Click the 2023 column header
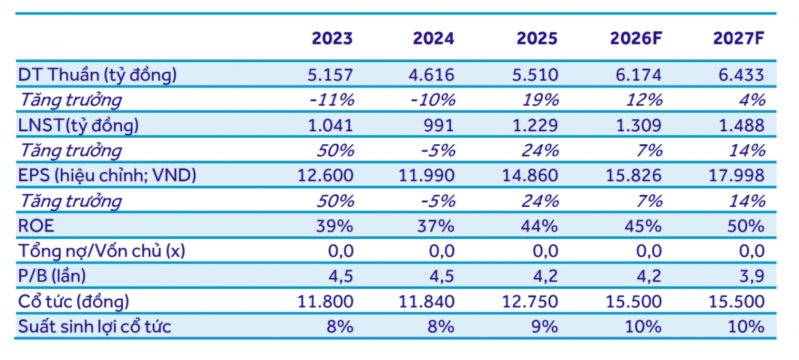pos(332,39)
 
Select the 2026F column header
pos(636,39)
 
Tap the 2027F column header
pos(739,39)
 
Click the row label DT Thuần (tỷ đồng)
pos(98,75)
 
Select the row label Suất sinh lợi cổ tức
pos(94,327)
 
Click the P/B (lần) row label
pos(52,277)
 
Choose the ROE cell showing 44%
pos(541,226)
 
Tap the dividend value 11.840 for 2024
pos(427,301)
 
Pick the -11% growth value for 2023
pos(332,100)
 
